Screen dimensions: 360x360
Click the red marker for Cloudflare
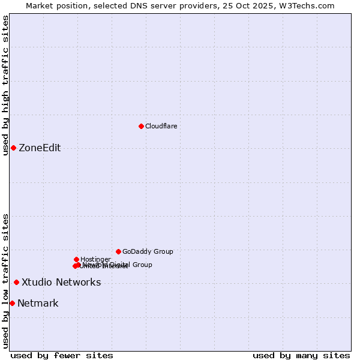[x=141, y=126]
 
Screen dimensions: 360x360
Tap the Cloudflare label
[x=161, y=126]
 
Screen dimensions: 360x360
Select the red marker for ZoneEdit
[x=13, y=148]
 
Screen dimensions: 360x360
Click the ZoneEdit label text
[x=40, y=148]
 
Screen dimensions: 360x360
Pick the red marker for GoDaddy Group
[x=118, y=251]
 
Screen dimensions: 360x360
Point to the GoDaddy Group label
[x=148, y=251]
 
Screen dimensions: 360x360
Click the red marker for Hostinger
[x=76, y=259]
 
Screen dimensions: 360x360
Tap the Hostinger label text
[x=95, y=259]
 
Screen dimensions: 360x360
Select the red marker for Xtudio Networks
[x=16, y=282]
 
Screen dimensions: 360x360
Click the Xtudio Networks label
[x=61, y=283]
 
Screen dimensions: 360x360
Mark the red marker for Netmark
[x=12, y=303]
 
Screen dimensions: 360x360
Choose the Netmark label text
[x=38, y=304]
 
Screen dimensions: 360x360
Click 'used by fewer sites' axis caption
[x=62, y=355]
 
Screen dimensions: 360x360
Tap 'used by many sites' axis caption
[x=301, y=355]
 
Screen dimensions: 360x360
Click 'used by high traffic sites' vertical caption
[x=5, y=85]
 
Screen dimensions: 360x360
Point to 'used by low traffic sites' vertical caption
[x=5, y=281]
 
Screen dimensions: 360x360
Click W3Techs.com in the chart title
[x=305, y=5]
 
